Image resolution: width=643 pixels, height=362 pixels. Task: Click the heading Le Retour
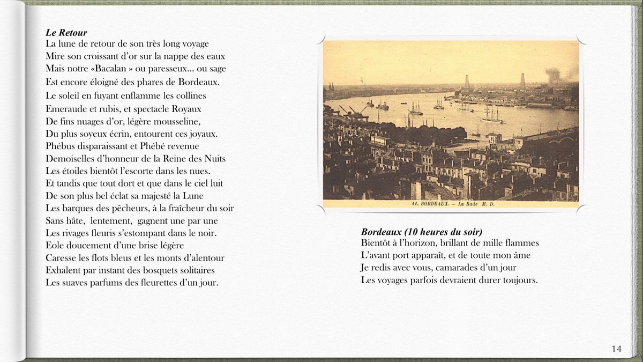(66, 33)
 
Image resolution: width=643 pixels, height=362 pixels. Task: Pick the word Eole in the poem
(55, 245)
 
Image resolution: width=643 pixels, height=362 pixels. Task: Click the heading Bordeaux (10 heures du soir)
(422, 232)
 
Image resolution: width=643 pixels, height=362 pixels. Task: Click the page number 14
(616, 349)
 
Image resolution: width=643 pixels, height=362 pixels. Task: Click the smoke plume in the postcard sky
(554, 74)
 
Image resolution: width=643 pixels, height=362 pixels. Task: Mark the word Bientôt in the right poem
(378, 243)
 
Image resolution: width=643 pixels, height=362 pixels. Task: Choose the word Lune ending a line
(193, 196)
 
